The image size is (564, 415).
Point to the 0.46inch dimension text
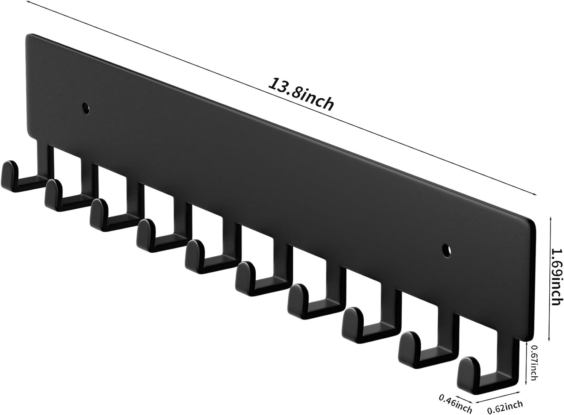tap(455, 402)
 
